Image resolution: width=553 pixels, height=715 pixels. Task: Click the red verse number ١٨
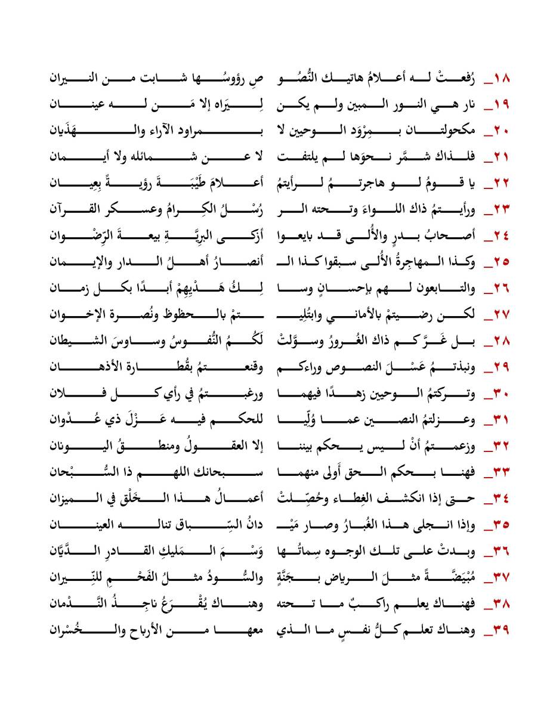(x=499, y=79)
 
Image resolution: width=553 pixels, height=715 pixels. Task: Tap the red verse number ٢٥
(x=499, y=261)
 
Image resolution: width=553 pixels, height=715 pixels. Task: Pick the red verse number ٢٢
(x=499, y=182)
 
